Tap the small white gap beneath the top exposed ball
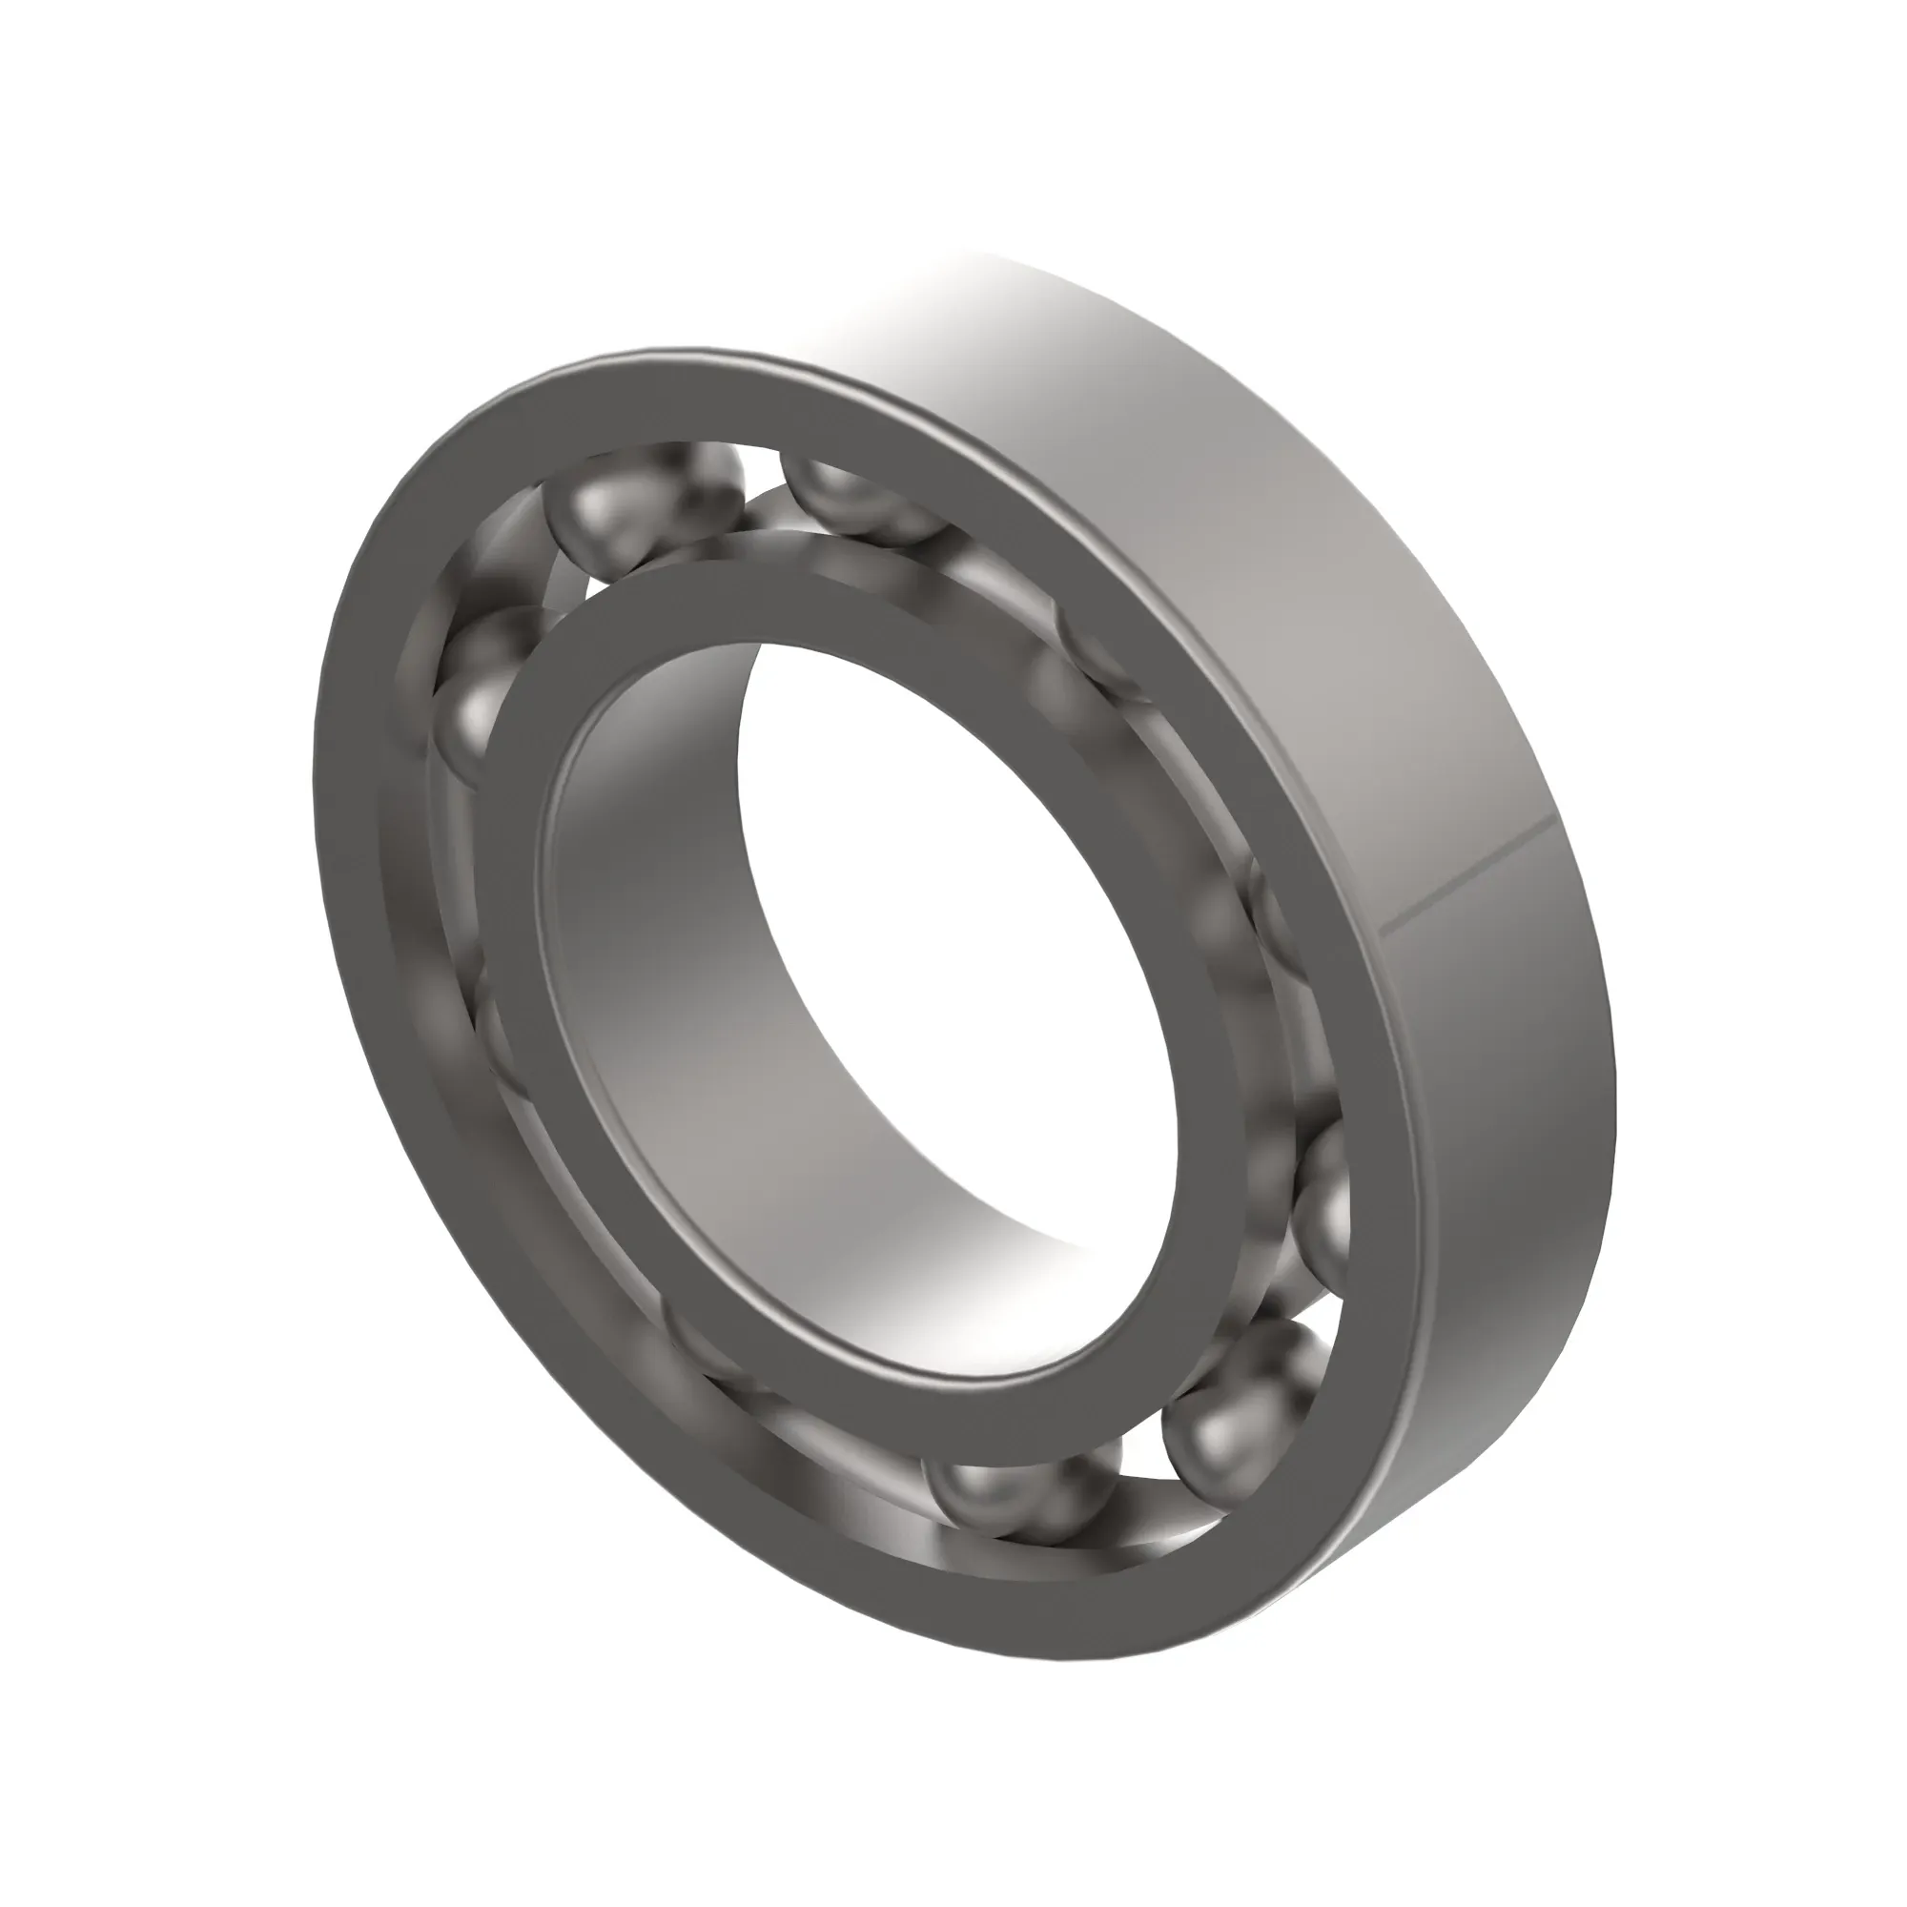click(x=597, y=589)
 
